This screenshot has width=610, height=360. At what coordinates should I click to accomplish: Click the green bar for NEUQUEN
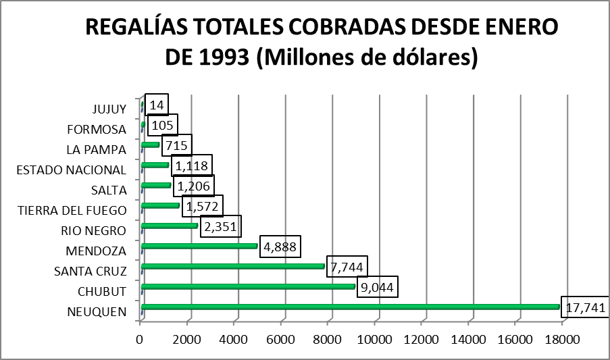point(351,307)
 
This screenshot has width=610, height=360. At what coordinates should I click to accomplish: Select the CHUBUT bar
point(249,287)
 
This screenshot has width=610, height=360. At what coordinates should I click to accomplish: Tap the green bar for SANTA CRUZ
point(233,266)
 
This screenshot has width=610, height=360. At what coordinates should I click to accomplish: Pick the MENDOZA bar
point(200,246)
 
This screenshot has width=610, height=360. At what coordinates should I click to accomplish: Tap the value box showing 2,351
point(219,226)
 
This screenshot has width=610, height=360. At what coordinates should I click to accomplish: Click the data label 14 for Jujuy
point(157,105)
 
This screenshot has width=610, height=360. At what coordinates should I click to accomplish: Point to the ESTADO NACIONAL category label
point(71,170)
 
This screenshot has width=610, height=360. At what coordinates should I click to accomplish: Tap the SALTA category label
point(108,190)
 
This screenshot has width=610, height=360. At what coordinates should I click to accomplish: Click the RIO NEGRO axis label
point(93,230)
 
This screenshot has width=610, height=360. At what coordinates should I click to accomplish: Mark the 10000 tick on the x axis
point(374,338)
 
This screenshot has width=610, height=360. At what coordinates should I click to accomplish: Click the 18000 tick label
point(562,338)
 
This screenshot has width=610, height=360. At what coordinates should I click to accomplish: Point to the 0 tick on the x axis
point(140,338)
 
